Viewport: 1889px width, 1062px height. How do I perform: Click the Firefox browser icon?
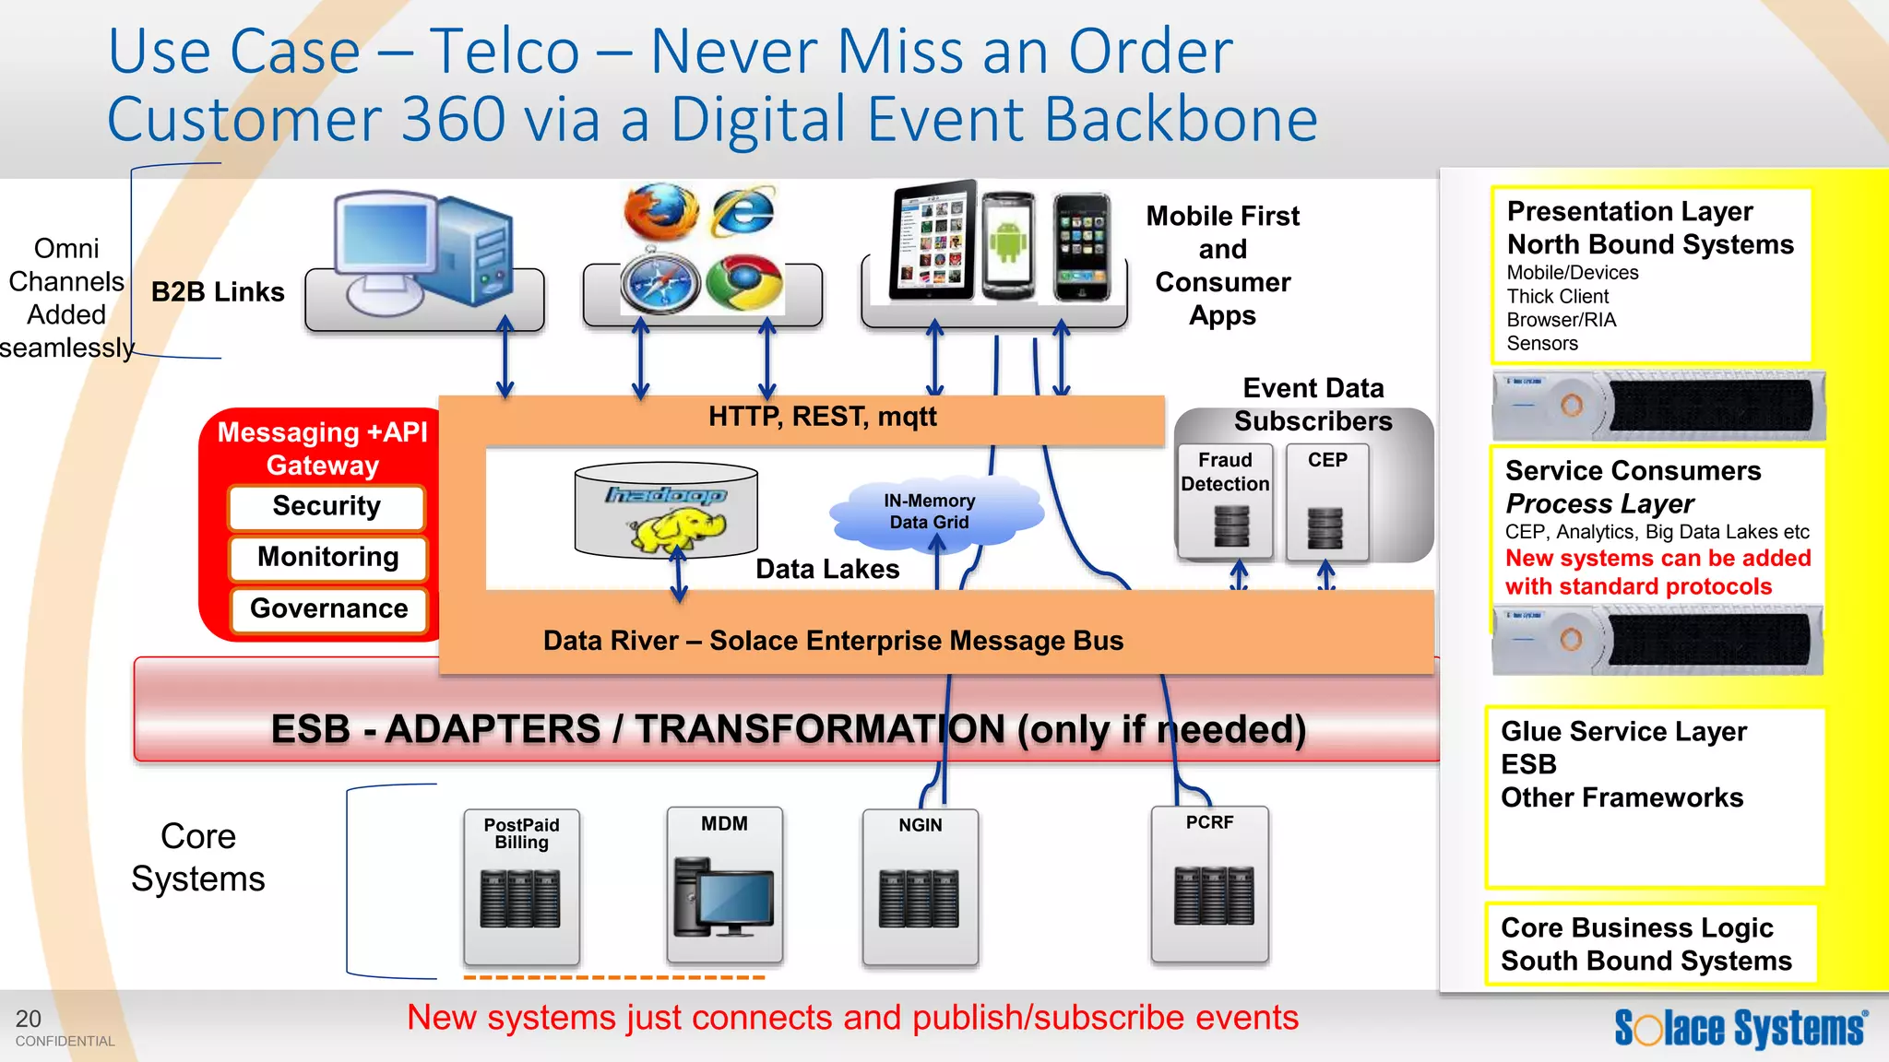tap(660, 212)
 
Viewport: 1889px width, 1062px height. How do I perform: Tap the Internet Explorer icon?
tap(743, 212)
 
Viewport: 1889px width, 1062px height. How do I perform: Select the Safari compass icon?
tap(660, 283)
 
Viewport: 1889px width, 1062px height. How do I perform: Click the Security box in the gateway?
tap(327, 507)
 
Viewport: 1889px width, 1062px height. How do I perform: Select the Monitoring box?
tap(328, 558)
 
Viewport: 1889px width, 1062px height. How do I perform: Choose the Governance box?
tap(329, 609)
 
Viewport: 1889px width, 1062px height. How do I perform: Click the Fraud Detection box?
tap(1225, 502)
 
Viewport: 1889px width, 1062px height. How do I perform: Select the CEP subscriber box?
tap(1327, 502)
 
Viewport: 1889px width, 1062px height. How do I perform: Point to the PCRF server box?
tap(1210, 885)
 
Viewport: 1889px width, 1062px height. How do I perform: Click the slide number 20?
tap(29, 1019)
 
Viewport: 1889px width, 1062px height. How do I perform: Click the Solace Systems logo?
tap(1740, 1028)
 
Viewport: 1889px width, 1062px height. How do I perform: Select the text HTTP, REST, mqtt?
tap(822, 417)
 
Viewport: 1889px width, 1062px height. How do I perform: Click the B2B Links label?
tap(218, 292)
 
